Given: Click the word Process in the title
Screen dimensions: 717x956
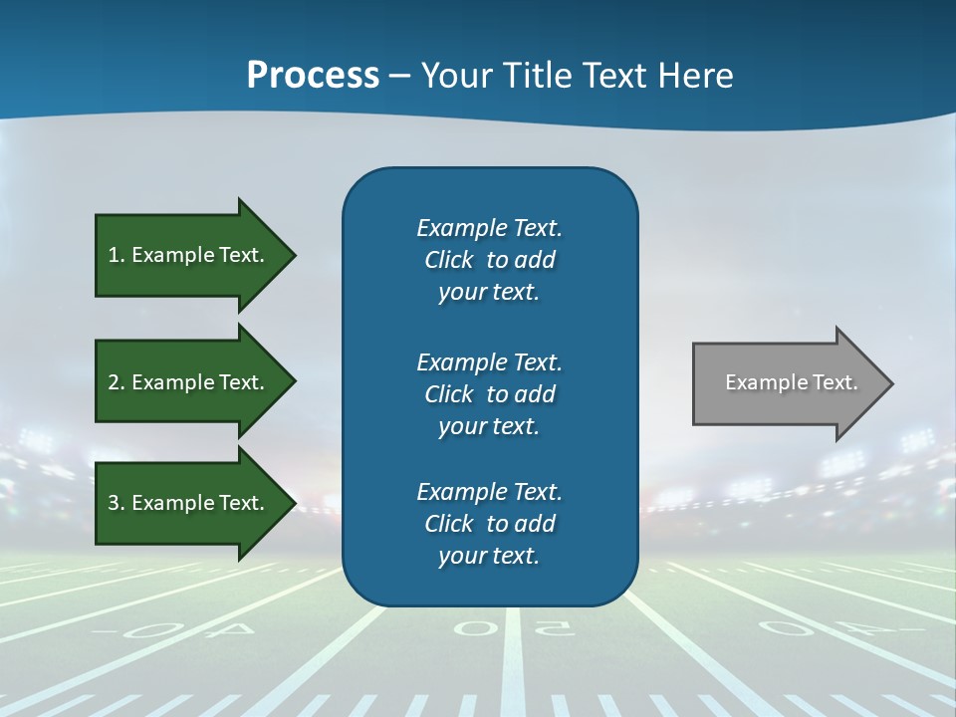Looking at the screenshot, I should point(313,76).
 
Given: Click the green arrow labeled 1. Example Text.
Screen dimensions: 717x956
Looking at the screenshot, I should point(189,255).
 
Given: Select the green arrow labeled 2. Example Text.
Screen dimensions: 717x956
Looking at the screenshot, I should point(189,382).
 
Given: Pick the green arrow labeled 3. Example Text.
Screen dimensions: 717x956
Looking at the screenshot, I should point(189,503).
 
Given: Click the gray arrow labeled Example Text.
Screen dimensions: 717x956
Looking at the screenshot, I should point(787,383).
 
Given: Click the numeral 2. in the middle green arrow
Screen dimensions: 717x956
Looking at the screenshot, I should point(117,382).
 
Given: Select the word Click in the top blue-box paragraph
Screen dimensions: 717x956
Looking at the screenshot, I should point(449,260).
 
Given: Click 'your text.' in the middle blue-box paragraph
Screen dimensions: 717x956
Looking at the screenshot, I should point(489,426).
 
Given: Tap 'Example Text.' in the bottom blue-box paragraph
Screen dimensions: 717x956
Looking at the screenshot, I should point(489,492).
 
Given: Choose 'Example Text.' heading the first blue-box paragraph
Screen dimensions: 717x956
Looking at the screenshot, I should point(489,228).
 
